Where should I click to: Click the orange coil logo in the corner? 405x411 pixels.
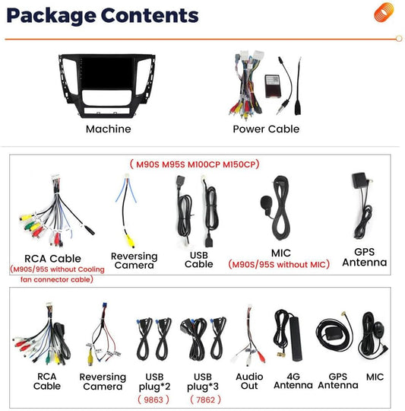pyautogui.click(x=384, y=12)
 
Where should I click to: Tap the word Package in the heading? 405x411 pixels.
pyautogui.click(x=51, y=16)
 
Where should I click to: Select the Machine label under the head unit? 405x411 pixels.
pyautogui.click(x=109, y=129)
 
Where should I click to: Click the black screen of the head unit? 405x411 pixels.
pyautogui.click(x=106, y=75)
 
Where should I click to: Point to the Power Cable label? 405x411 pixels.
pyautogui.click(x=266, y=129)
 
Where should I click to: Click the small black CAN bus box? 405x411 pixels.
pyautogui.click(x=273, y=86)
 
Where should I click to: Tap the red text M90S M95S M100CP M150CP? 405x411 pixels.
pyautogui.click(x=195, y=164)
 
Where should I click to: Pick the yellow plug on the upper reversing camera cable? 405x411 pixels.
pyautogui.click(x=130, y=241)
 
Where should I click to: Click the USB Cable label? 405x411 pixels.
pyautogui.click(x=199, y=260)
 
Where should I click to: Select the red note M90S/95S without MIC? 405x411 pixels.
pyautogui.click(x=279, y=264)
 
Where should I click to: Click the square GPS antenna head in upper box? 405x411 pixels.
pyautogui.click(x=359, y=180)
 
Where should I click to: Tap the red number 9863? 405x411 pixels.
pyautogui.click(x=153, y=400)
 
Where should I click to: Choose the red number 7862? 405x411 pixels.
pyautogui.click(x=205, y=400)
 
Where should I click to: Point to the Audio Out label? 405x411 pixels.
pyautogui.click(x=249, y=381)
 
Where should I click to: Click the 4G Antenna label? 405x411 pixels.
pyautogui.click(x=293, y=381)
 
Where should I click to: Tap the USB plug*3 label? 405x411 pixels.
pyautogui.click(x=203, y=382)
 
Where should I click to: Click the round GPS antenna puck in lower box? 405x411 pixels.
pyautogui.click(x=332, y=334)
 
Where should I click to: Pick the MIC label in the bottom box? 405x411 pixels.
pyautogui.click(x=375, y=377)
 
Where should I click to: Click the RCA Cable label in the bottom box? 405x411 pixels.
pyautogui.click(x=47, y=381)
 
